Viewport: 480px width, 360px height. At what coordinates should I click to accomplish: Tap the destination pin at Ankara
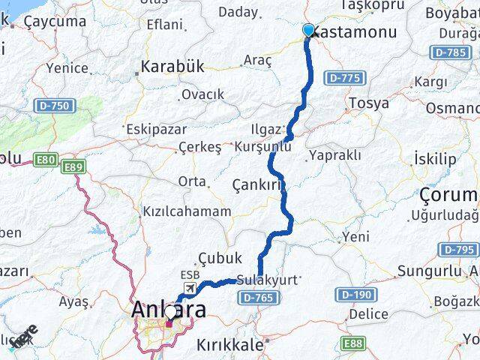click(171, 313)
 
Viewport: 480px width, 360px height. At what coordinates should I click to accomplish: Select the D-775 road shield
click(344, 77)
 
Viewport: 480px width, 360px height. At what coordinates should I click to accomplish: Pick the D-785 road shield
click(450, 52)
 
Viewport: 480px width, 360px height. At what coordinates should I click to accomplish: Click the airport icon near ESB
click(190, 288)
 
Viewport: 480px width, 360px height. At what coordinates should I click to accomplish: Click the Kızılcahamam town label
click(187, 211)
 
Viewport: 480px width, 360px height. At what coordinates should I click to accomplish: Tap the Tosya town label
click(368, 103)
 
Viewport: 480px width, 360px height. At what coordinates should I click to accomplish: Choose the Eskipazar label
click(157, 129)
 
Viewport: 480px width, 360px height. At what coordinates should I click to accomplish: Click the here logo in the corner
click(24, 336)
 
